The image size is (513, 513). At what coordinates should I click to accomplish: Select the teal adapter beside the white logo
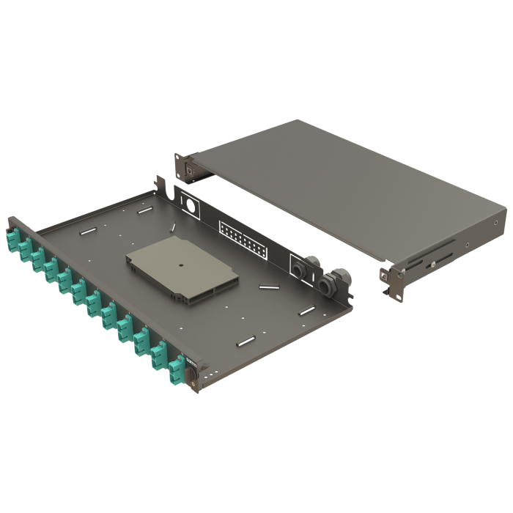[x=176, y=369]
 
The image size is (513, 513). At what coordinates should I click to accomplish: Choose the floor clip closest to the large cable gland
[x=306, y=312]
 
